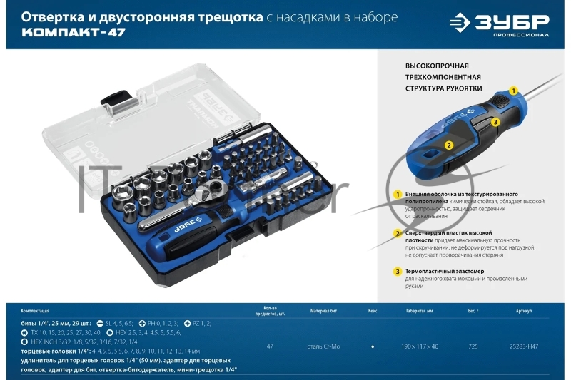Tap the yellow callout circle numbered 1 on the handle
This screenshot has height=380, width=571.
(x=512, y=91)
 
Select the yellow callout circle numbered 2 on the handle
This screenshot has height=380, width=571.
(x=448, y=145)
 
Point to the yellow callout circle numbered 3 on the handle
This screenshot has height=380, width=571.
(x=495, y=123)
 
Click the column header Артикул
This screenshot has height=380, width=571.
(x=523, y=311)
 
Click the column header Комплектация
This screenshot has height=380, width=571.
(x=36, y=311)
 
